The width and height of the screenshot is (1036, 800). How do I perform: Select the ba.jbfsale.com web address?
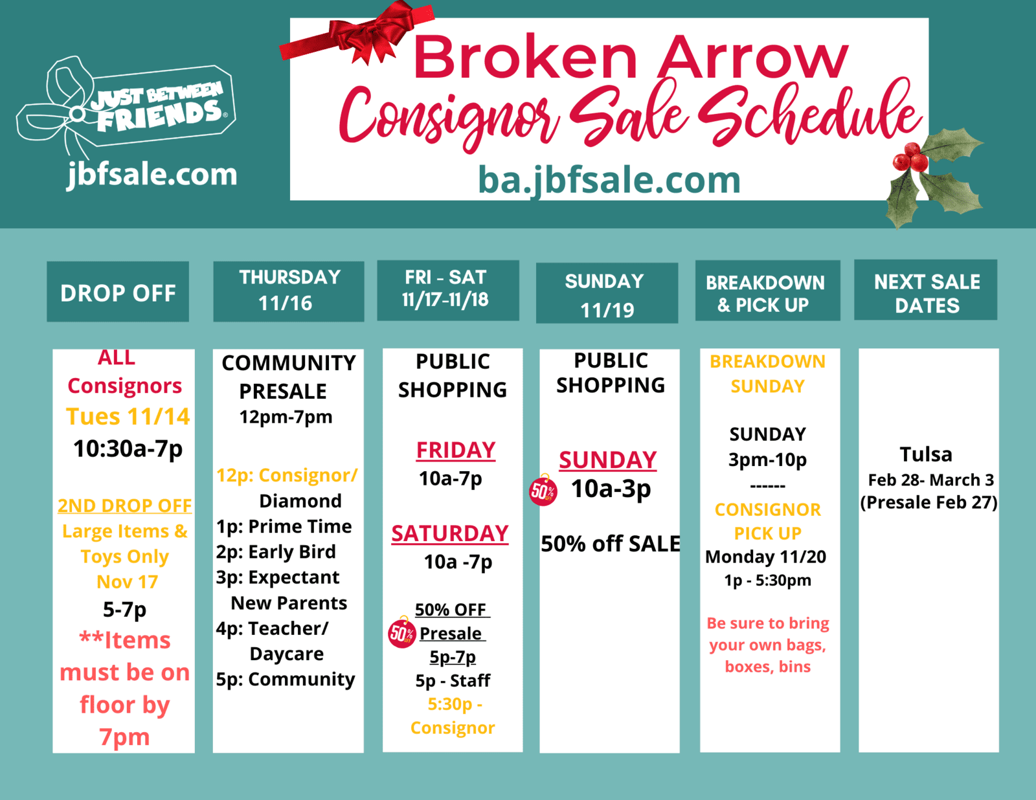609,180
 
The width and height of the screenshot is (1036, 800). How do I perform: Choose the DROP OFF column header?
118,292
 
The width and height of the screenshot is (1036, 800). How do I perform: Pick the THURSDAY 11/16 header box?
288,291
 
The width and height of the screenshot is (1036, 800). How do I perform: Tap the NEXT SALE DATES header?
925,290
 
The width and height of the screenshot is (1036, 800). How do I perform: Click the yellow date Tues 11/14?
128,416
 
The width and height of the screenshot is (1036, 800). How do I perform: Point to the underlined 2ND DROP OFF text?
124,506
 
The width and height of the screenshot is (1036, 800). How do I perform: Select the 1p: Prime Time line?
284,526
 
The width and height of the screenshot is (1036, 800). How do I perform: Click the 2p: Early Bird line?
276,551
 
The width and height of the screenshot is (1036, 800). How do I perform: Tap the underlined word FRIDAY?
456,450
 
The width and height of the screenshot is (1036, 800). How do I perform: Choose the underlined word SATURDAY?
449,533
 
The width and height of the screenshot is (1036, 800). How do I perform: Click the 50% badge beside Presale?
401,632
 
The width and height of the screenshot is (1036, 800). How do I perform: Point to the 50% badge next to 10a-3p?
543,491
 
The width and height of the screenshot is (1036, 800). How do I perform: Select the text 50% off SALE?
610,544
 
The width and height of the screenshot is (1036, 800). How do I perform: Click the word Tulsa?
926,454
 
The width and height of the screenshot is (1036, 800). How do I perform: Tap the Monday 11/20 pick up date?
765,557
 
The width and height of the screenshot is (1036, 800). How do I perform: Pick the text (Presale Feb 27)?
929,502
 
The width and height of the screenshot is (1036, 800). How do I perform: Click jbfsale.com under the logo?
152,175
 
